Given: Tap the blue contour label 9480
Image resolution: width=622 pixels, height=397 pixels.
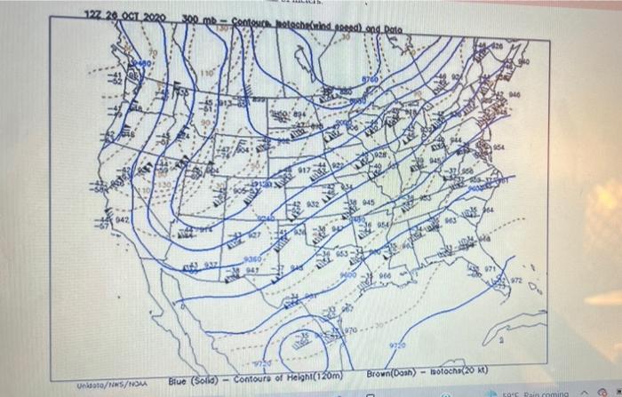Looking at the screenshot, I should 144,65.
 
